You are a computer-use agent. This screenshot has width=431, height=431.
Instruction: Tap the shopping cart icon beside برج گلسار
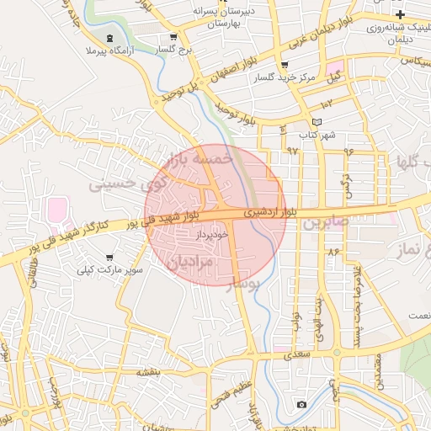pyautogui.click(x=173, y=37)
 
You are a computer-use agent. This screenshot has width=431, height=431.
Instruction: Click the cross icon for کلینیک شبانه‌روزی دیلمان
pyautogui.click(x=401, y=14)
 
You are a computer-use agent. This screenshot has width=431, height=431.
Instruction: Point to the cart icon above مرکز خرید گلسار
pyautogui.click(x=284, y=65)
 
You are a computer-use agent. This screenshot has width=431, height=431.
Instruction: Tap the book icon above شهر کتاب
pyautogui.click(x=317, y=122)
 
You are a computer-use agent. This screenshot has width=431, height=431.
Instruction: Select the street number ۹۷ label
pyautogui.click(x=292, y=150)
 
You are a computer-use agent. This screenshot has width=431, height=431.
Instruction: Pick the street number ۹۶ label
pyautogui.click(x=348, y=151)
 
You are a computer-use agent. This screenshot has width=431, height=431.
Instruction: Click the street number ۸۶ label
pyautogui.click(x=333, y=251)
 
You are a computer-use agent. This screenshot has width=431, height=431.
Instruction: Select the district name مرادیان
pyautogui.click(x=194, y=263)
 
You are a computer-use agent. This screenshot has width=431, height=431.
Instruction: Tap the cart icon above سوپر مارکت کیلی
pyautogui.click(x=109, y=258)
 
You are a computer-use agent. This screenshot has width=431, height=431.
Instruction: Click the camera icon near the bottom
pyautogui.click(x=301, y=405)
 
